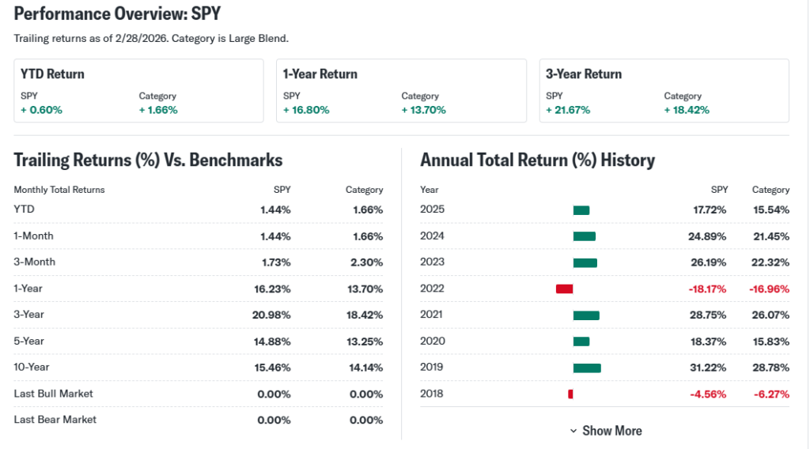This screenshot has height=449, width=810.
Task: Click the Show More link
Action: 606,431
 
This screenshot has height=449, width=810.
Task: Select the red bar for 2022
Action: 564,289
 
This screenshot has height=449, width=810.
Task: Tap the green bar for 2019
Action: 587,368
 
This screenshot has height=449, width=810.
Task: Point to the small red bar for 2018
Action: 570,394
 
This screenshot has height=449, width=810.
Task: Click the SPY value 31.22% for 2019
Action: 708,368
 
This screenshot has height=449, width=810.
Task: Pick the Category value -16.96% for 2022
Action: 769,289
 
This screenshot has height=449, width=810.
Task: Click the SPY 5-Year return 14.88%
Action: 271,341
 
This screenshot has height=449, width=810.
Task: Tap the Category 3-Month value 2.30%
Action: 366,262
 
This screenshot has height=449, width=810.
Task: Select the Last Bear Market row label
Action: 55,420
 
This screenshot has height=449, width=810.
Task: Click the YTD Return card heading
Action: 52,74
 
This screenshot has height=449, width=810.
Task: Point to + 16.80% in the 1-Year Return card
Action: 306,110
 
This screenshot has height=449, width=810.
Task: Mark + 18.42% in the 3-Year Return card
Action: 687,110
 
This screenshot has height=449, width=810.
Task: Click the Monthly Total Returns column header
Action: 59,190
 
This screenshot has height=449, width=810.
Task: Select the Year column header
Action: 430,190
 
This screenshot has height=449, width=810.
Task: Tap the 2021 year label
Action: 433,315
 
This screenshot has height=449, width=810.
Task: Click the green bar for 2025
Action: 581,210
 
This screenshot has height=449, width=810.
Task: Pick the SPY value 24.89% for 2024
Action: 708,236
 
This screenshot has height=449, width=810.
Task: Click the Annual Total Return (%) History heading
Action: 537,160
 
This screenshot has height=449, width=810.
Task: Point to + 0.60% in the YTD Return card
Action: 41,110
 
